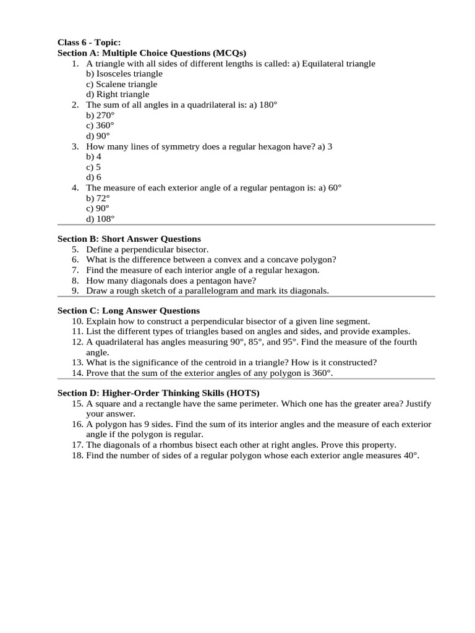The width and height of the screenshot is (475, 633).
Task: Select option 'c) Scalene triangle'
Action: click(121, 84)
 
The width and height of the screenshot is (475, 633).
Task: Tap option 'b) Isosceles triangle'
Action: click(124, 74)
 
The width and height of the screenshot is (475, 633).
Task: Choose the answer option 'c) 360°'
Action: click(100, 125)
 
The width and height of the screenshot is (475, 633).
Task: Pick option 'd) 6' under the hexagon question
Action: click(93, 177)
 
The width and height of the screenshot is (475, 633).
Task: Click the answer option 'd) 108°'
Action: click(100, 219)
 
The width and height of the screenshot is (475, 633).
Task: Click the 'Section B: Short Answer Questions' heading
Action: click(129, 239)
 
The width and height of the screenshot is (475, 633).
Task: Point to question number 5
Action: click(75, 249)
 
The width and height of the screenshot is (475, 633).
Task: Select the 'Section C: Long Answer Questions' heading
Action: click(128, 311)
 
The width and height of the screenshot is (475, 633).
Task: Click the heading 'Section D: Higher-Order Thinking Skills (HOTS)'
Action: click(158, 393)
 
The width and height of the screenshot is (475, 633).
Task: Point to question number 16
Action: click(77, 425)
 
